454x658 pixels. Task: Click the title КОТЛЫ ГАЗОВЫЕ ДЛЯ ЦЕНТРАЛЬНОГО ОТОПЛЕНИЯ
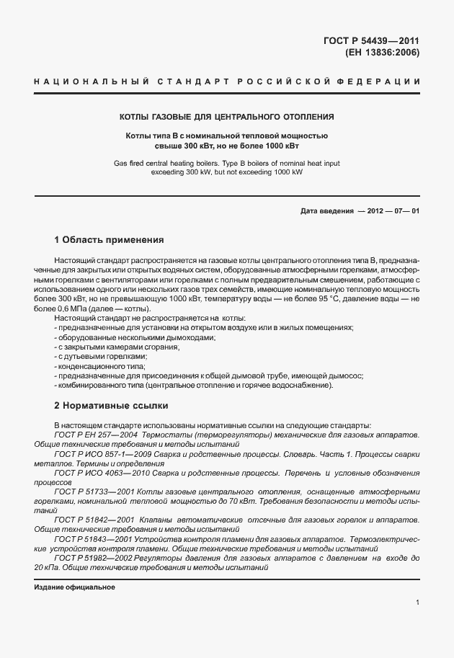coord(226,117)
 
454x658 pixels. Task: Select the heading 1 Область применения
coord(110,239)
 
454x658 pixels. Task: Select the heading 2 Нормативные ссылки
coord(111,405)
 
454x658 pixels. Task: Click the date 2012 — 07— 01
coord(388,211)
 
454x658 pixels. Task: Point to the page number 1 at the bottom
coord(417,602)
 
